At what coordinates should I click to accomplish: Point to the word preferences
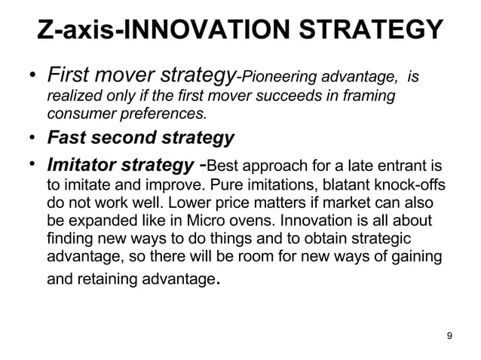(167, 114)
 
